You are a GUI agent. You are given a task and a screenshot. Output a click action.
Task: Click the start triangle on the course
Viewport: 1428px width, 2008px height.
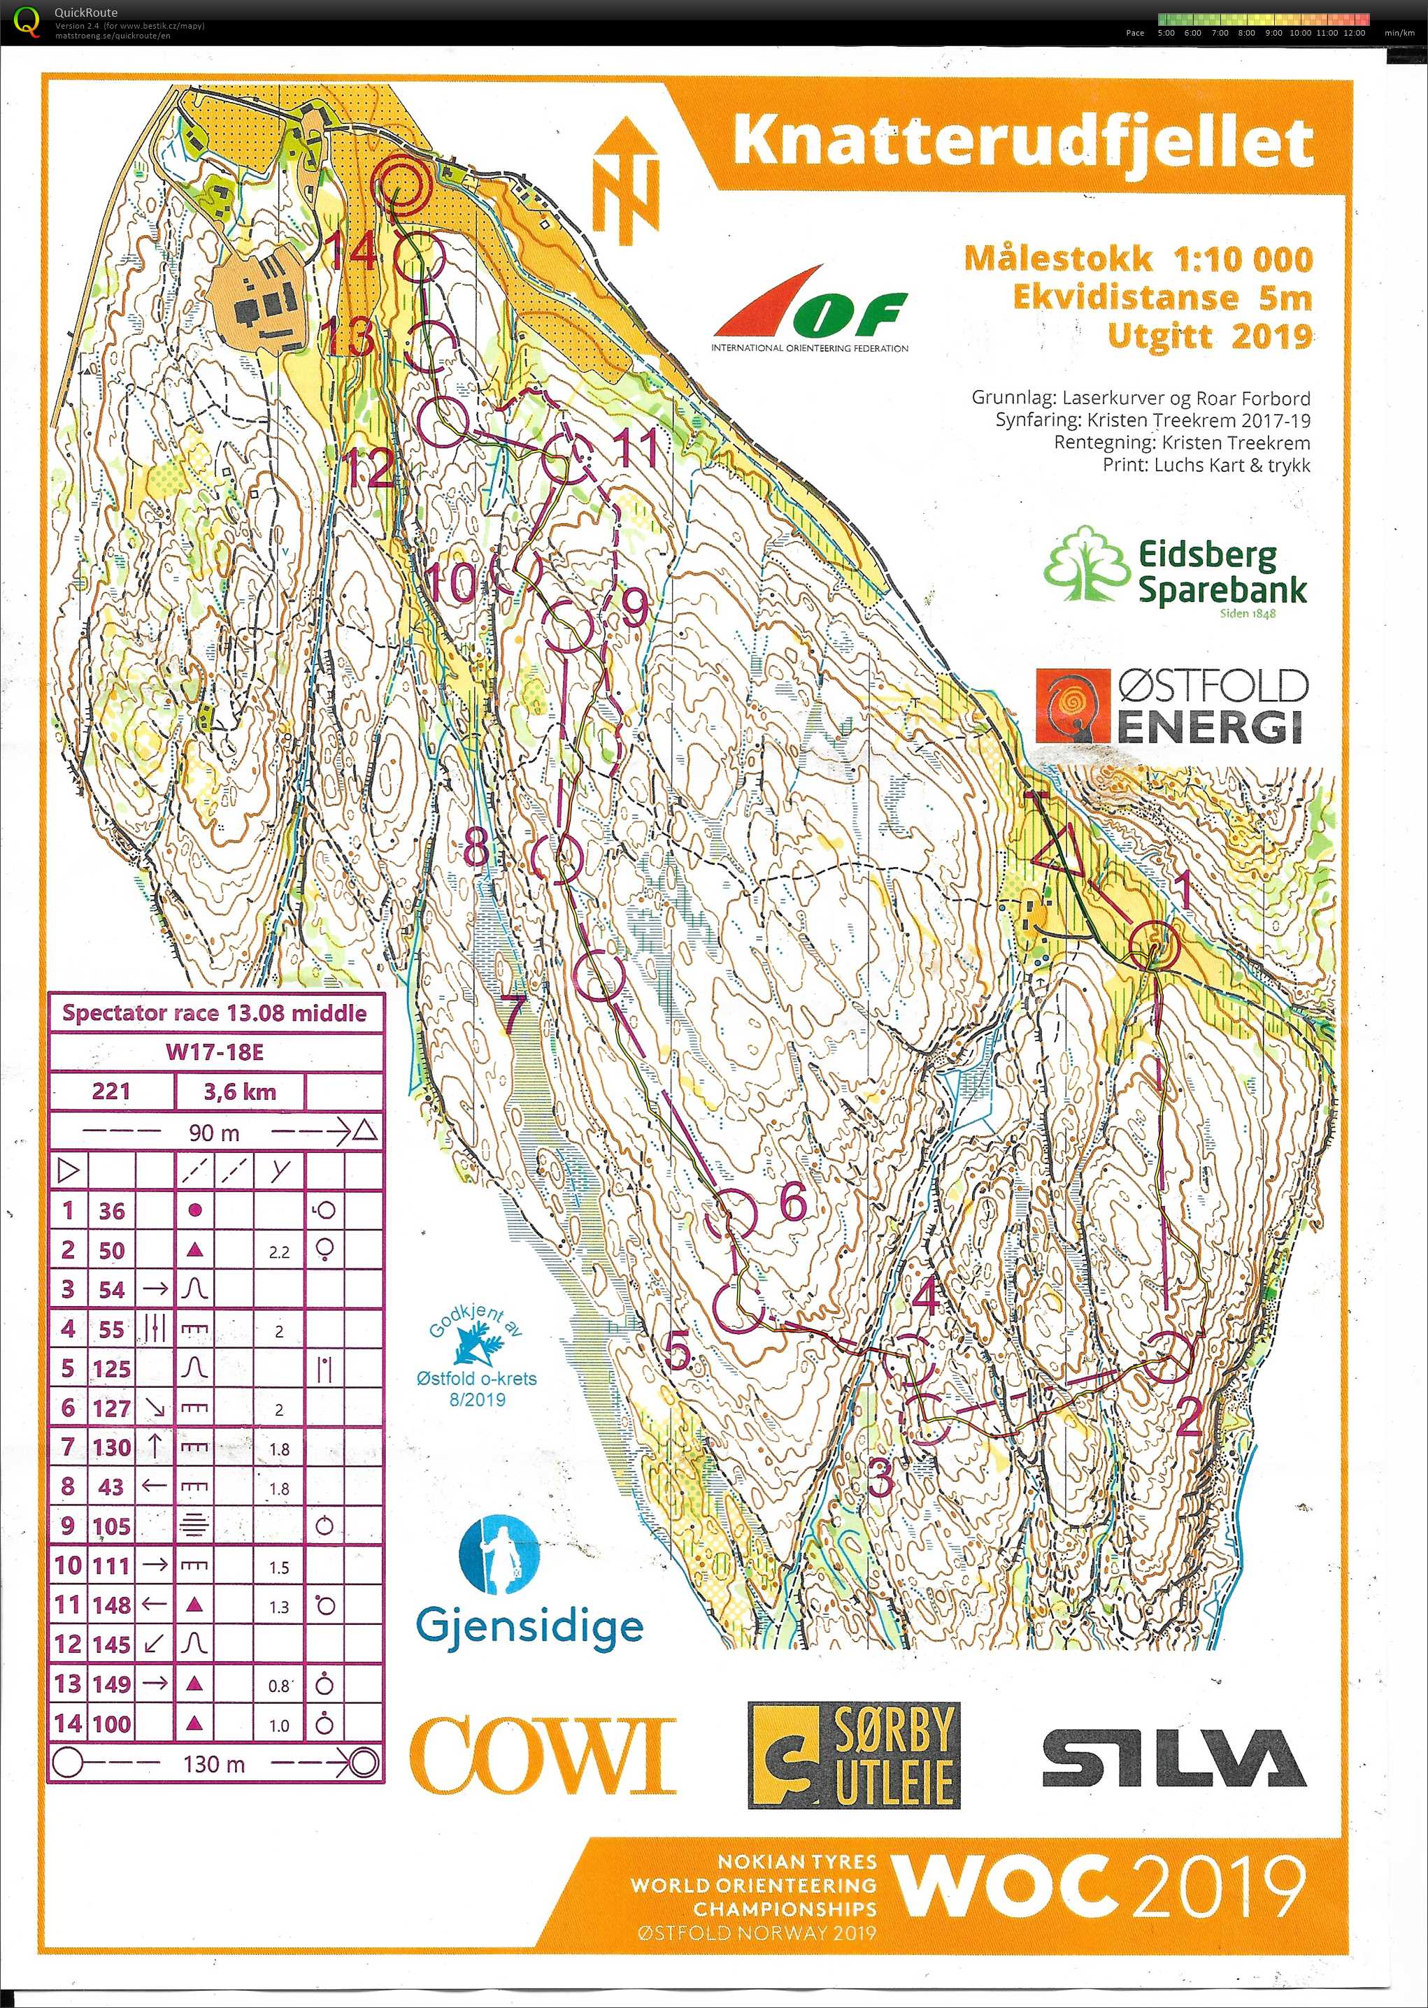click(1058, 850)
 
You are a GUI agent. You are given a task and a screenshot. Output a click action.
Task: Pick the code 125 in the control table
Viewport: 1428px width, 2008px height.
click(112, 1368)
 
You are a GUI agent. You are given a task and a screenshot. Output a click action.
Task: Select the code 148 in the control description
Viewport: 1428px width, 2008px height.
click(112, 1605)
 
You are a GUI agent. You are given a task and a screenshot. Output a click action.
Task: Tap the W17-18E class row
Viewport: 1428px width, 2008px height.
click(215, 1052)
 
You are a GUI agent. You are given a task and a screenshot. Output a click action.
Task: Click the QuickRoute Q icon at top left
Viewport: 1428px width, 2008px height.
click(28, 20)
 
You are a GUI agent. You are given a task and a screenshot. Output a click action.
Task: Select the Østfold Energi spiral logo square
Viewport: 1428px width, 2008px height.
click(1073, 705)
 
